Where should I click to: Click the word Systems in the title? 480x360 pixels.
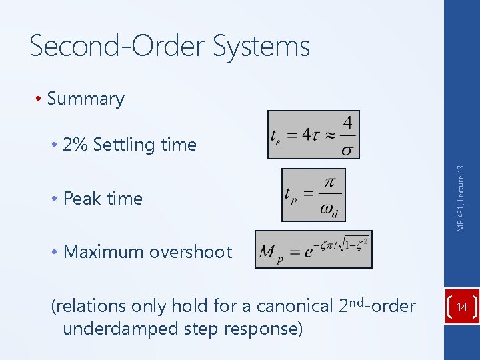tap(262, 47)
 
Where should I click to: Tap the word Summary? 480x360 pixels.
tap(86, 99)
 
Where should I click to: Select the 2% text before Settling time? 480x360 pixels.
tap(75, 145)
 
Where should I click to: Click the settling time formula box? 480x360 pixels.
tap(313, 135)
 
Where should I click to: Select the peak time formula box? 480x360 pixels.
tap(313, 194)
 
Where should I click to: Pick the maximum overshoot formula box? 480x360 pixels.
tap(313, 249)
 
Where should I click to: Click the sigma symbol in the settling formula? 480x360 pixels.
tap(347, 149)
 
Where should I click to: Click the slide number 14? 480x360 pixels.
tap(462, 307)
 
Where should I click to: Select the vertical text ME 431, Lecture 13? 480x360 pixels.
tap(461, 199)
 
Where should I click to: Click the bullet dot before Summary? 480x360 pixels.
tap(40, 99)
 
